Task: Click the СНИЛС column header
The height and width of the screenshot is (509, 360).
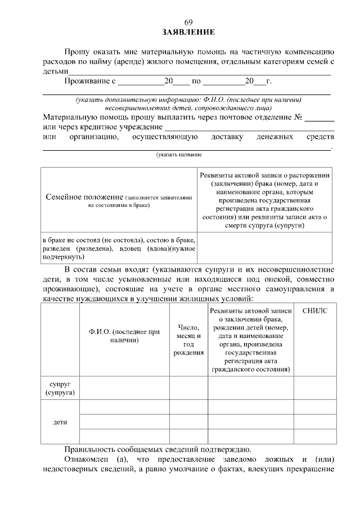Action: pyautogui.click(x=314, y=311)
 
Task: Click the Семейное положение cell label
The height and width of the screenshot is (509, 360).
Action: pyautogui.click(x=119, y=201)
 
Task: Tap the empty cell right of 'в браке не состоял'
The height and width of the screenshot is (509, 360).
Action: pyautogui.click(x=265, y=247)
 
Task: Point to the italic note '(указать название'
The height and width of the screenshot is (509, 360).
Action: pyautogui.click(x=179, y=155)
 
